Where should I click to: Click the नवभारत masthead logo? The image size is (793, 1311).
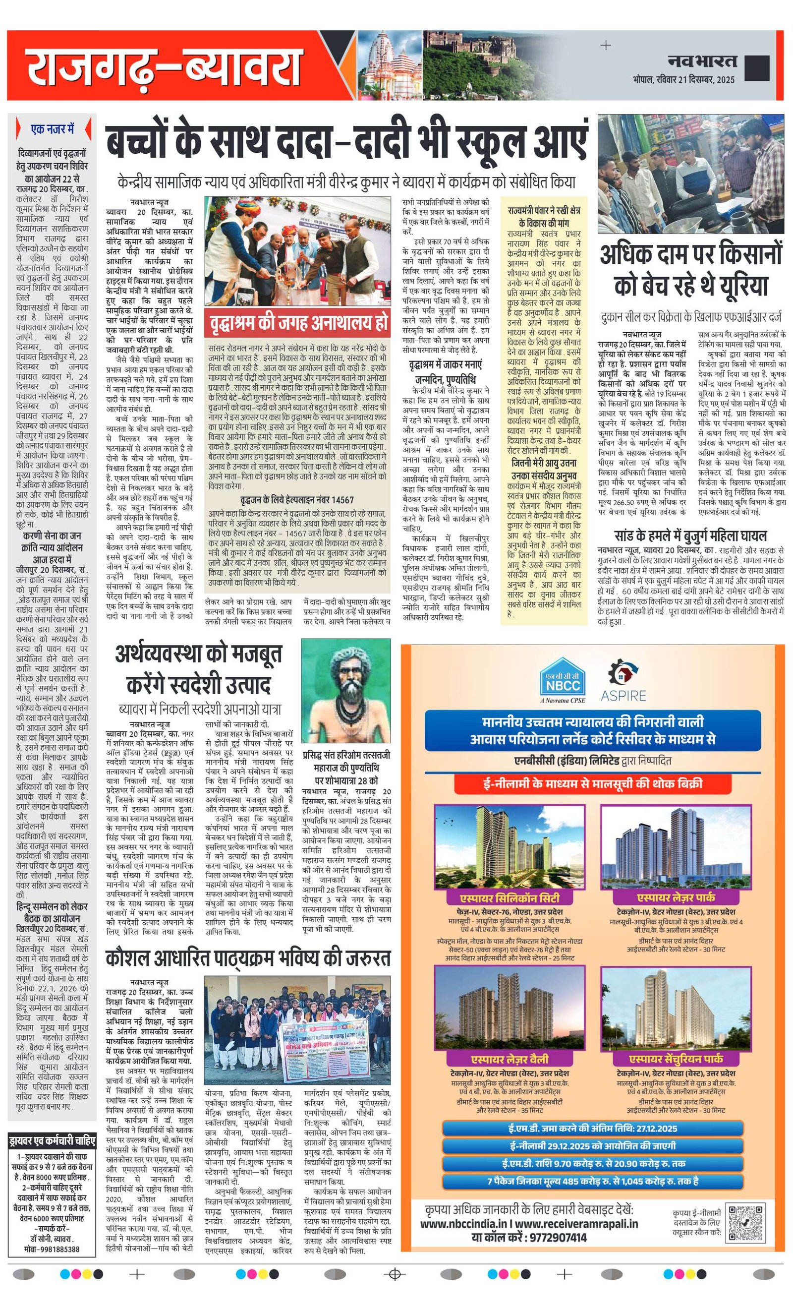[701, 60]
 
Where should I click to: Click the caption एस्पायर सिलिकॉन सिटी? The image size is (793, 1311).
[509, 898]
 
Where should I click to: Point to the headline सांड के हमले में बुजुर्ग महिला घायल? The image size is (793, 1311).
[690, 535]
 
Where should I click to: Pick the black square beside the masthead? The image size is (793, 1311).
[757, 68]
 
